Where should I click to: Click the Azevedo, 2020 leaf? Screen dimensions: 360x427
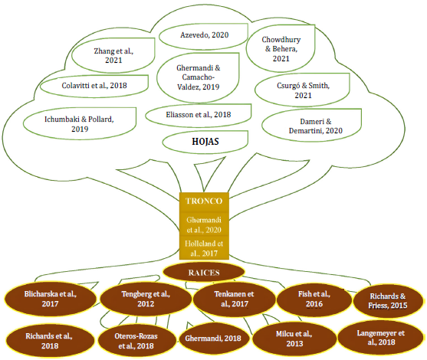pos(203,34)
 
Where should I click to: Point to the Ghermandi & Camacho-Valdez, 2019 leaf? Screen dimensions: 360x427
pos(199,77)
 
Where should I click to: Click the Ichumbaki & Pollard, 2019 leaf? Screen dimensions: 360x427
pos(67,124)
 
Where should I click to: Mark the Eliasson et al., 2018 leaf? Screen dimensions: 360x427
pos(198,114)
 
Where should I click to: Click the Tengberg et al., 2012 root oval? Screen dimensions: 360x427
pos(145,299)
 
